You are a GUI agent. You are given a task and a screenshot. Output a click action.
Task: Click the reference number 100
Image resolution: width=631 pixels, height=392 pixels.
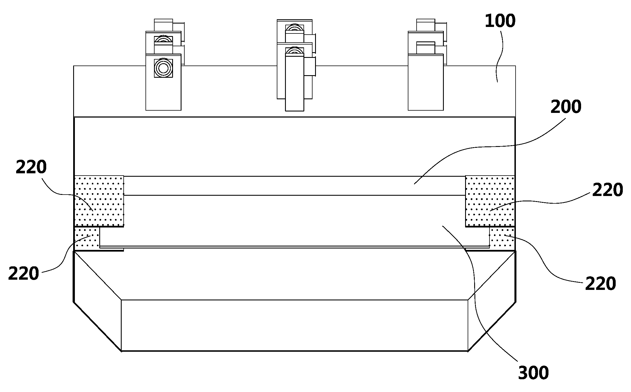coord(500,21)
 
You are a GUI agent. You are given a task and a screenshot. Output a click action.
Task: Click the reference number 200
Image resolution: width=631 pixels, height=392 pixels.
coord(566,107)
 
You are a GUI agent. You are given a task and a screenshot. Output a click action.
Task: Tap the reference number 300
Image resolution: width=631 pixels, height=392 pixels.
coord(533,373)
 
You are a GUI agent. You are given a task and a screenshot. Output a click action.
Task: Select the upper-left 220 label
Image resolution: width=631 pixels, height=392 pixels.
coord(31,167)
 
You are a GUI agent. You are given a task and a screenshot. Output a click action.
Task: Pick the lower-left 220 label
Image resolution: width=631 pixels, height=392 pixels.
coord(24,274)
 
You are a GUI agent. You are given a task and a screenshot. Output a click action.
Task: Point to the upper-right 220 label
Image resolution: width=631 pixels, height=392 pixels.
coord(607,190)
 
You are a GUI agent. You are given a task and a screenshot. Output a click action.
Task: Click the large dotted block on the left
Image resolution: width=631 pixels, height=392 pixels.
coord(99,201)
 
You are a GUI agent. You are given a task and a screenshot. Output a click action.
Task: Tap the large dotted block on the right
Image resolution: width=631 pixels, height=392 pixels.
coord(490,201)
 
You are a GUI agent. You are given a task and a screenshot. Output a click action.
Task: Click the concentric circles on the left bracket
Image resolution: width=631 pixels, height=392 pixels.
coord(163,68)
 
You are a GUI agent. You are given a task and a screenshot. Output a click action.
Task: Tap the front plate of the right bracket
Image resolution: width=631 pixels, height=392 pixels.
coord(426,83)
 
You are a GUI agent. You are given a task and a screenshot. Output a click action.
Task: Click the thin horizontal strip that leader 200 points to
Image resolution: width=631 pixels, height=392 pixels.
coord(295,186)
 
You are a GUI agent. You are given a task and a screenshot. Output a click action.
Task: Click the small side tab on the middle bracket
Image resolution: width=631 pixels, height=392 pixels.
coord(310,67)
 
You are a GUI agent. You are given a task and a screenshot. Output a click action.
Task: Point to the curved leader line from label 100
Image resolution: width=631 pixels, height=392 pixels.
coord(500,56)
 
